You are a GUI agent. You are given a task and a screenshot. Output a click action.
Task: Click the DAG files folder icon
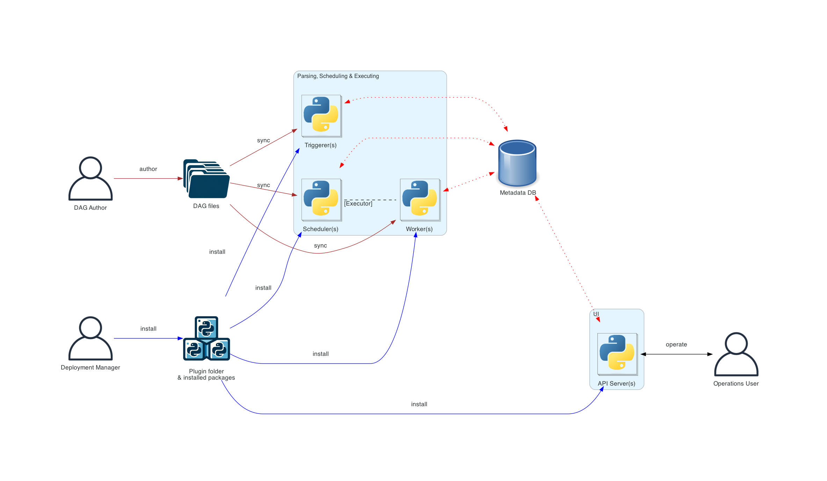(206, 179)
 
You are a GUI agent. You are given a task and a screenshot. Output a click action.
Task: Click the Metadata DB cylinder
(517, 163)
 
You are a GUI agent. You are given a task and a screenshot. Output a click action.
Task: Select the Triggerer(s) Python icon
(321, 116)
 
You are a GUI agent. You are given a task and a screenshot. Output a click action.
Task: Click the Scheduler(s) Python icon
(321, 200)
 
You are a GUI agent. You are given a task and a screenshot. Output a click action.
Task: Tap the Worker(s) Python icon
(420, 200)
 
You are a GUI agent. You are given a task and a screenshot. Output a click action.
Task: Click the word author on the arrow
(148, 169)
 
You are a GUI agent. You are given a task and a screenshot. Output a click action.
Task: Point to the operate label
(676, 345)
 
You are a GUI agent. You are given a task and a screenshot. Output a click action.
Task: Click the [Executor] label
(358, 204)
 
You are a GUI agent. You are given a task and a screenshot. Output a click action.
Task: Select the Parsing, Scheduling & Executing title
(338, 76)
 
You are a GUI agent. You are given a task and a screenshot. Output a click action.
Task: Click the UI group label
(596, 314)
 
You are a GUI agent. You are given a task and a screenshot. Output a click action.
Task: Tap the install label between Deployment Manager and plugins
(148, 329)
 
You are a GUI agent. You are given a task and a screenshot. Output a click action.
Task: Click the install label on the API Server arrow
(419, 404)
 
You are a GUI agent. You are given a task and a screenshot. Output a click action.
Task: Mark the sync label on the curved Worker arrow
(320, 246)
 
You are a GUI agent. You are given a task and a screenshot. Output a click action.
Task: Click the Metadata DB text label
(517, 193)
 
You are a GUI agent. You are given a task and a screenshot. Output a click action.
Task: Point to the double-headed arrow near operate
(676, 354)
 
